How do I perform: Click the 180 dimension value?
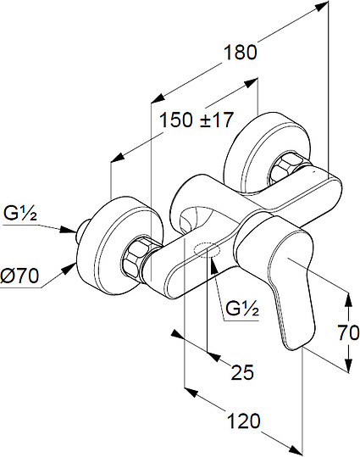[241, 53]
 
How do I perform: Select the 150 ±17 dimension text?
[197, 120]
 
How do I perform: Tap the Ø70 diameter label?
[19, 276]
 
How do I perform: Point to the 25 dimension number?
[242, 372]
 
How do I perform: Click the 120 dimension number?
[243, 421]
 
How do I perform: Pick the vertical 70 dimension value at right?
[348, 332]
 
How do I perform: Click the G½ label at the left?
[19, 213]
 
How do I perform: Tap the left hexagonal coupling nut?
[136, 256]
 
